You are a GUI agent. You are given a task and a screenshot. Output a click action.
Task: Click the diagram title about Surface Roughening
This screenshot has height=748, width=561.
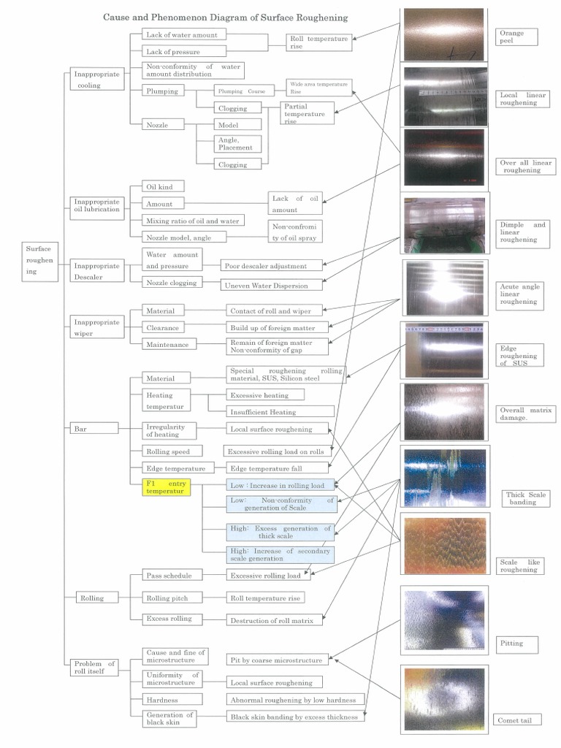[225, 16]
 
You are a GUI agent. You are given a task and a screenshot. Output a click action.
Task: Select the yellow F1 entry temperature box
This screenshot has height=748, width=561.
[167, 488]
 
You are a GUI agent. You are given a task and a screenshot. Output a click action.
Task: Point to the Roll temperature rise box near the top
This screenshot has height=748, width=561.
[319, 43]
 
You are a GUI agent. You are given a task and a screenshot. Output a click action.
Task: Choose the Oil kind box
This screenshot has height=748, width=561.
[161, 187]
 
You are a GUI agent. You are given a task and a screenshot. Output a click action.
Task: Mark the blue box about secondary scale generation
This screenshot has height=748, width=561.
[279, 554]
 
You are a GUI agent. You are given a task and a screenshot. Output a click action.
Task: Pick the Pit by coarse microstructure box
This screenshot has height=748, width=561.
[276, 660]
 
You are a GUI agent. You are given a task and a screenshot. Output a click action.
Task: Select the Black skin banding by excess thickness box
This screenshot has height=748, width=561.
[294, 717]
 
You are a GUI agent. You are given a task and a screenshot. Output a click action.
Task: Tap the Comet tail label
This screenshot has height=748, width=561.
[519, 720]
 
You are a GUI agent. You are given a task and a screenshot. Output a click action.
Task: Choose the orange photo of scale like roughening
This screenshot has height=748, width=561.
[444, 546]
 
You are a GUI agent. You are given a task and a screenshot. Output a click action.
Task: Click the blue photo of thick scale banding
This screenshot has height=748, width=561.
[444, 478]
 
